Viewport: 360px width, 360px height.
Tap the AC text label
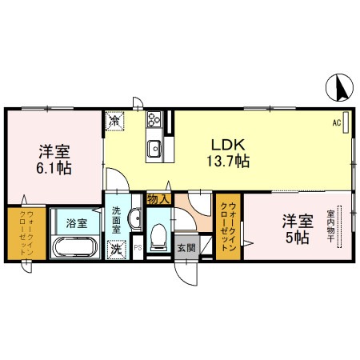pos(337,123)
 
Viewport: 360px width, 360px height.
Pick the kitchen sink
pos(154,148)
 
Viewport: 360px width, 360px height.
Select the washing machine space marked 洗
pos(116,249)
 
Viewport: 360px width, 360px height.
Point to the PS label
pos(137,249)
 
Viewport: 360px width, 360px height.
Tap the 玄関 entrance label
pos(184,247)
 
